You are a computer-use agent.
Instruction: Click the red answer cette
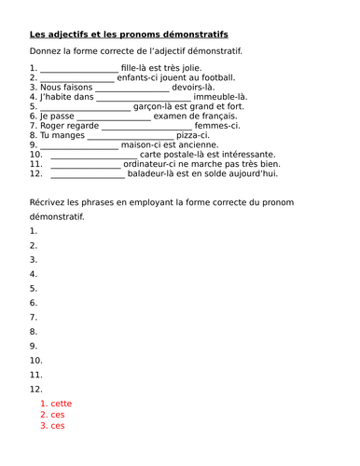coord(62,404)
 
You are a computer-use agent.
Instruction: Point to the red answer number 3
coord(43,426)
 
